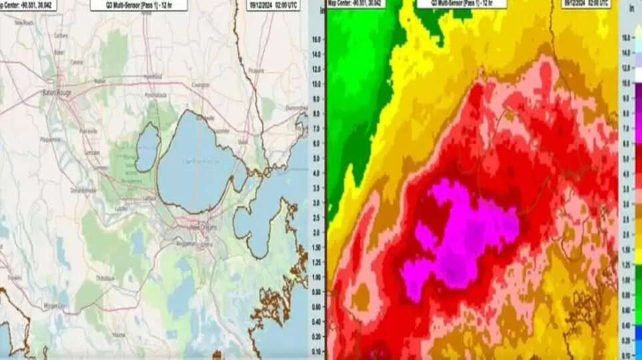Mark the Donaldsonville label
(84, 191)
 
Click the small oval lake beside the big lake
(147, 147)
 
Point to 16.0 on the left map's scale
(317, 39)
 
